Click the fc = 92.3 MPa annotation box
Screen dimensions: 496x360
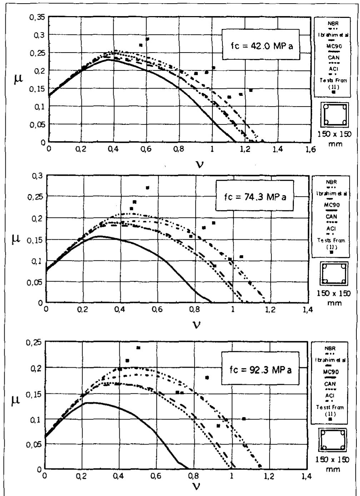[x=260, y=369]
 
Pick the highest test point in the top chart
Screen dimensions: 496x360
[x=147, y=39]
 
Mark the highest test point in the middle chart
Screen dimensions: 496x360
[x=147, y=188]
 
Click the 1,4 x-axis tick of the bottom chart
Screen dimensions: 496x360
[x=306, y=476]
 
